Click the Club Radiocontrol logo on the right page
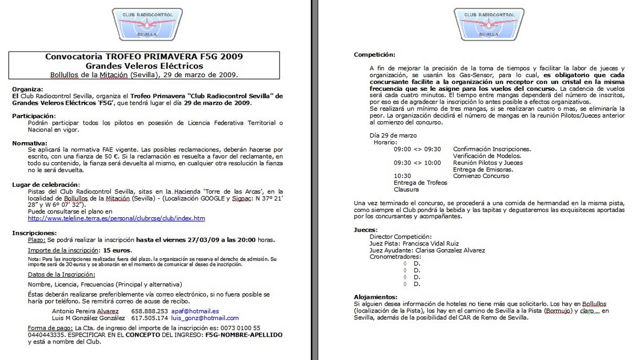click(489, 24)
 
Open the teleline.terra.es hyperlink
click(116, 218)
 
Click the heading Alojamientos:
click(375, 297)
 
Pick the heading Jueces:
click(366, 230)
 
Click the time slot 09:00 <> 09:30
click(417, 149)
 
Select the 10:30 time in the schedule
click(402, 176)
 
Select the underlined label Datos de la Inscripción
click(63, 275)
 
